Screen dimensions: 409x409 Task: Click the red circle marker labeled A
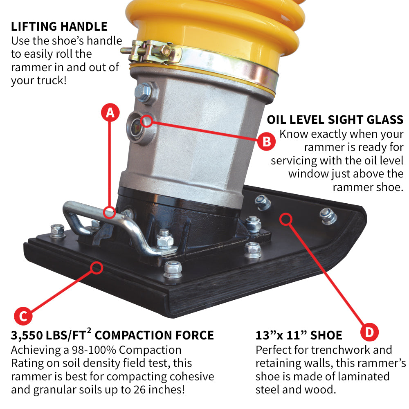pos(110,113)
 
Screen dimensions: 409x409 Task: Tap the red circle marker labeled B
pos(266,142)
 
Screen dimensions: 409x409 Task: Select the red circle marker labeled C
pos(23,316)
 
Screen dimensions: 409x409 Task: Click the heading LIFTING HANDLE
pos(59,27)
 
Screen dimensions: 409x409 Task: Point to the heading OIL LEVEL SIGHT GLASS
pos(335,120)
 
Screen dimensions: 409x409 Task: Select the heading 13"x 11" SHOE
pos(299,336)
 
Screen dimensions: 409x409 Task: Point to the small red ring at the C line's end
pos(97,268)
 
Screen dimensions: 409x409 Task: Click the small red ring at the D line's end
pos(285,219)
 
